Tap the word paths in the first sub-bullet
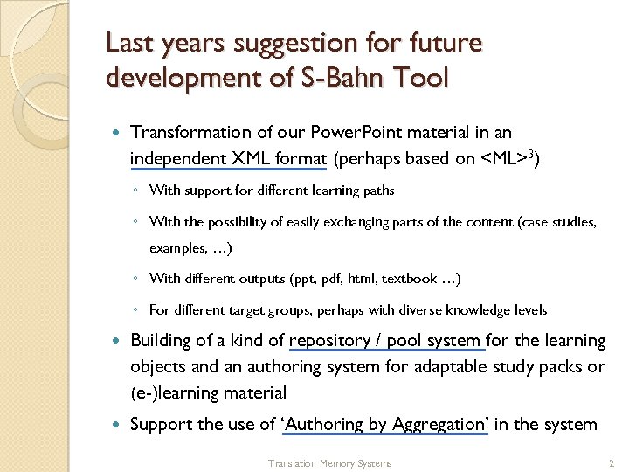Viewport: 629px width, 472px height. (377, 191)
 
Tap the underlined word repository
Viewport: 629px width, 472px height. (328, 341)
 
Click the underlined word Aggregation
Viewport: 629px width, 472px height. (439, 425)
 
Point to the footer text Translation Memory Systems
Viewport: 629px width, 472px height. (329, 463)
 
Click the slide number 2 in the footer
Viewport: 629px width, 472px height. (611, 462)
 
